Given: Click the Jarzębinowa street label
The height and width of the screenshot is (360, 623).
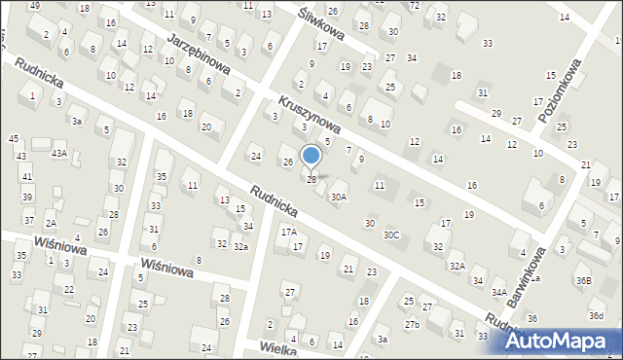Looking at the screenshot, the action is point(198,54).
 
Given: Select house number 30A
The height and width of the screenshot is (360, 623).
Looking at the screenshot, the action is point(338,198).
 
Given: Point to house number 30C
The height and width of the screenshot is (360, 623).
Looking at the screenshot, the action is point(391,234).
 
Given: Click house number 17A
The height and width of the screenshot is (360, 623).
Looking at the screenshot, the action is point(289,232).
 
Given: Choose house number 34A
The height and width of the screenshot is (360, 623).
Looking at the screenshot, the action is point(499,292).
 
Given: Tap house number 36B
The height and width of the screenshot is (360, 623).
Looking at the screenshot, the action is point(582,281).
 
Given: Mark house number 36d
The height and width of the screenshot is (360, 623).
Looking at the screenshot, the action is point(596,316).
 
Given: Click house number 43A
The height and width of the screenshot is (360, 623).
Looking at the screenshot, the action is point(59,154).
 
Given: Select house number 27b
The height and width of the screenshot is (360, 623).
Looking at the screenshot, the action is point(412,324).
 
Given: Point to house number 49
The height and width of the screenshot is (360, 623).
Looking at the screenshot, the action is point(35,6).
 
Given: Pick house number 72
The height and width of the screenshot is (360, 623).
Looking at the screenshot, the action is point(414,6).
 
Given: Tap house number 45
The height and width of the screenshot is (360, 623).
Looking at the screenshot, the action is point(13,140).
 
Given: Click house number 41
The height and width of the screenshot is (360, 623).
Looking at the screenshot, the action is point(27,176).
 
